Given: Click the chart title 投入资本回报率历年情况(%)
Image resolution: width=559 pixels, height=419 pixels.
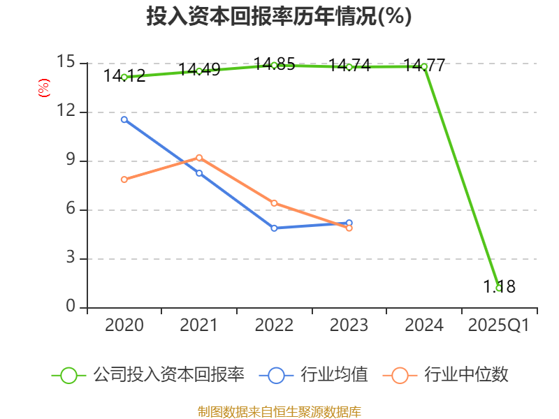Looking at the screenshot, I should click(279, 17).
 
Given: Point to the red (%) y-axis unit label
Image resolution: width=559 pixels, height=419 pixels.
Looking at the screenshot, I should click(43, 88).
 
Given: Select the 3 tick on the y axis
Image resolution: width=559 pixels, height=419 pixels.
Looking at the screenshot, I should click(70, 258).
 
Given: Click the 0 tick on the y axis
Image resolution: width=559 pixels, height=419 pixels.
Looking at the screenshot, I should click(70, 307).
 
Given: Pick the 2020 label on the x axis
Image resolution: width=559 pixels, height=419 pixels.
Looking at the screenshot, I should click(124, 325).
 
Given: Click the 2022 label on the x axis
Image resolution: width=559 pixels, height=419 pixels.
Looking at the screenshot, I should click(274, 325).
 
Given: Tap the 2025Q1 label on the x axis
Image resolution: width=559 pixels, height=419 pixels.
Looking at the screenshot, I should click(498, 325).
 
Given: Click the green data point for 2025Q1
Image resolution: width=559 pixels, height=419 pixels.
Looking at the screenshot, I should click(498, 288).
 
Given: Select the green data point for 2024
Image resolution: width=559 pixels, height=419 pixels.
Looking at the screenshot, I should click(423, 66).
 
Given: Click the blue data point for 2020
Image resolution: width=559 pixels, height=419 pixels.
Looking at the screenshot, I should click(124, 119).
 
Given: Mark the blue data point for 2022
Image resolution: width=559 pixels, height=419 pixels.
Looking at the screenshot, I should click(274, 228).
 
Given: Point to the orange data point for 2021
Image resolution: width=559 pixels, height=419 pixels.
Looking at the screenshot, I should click(199, 157).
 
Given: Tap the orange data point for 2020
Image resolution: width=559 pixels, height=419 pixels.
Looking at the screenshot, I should click(124, 179).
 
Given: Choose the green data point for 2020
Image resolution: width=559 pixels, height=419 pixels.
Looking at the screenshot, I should click(124, 77).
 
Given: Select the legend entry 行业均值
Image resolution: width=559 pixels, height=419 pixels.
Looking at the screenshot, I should click(314, 375).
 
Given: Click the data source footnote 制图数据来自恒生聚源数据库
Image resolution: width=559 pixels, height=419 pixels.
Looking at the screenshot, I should click(279, 411).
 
